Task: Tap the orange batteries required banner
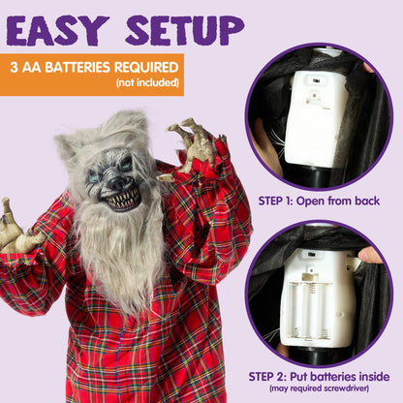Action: click(92, 75)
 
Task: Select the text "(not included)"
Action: click(147, 84)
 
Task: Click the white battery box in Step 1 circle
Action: click(316, 115)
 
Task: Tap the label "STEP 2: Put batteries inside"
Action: click(318, 377)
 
